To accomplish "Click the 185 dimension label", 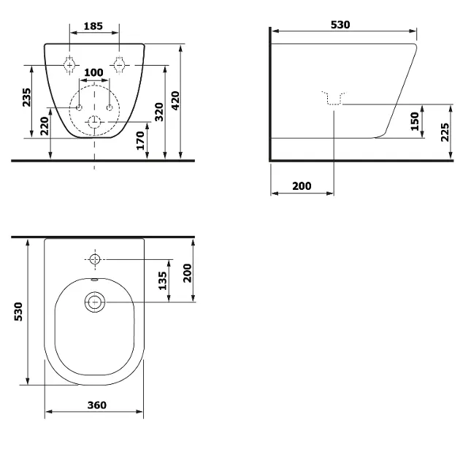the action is [x=93, y=26].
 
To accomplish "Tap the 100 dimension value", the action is [x=93, y=72].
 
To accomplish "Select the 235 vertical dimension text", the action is [x=26, y=97].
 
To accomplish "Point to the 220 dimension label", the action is [x=45, y=126].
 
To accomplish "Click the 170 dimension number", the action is [x=140, y=140].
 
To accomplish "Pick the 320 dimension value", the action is [x=159, y=112].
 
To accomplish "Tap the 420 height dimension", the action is [x=175, y=101].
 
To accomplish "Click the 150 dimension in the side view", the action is [x=415, y=121].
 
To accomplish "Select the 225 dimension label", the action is [x=445, y=132].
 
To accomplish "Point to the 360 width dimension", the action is [x=97, y=405].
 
